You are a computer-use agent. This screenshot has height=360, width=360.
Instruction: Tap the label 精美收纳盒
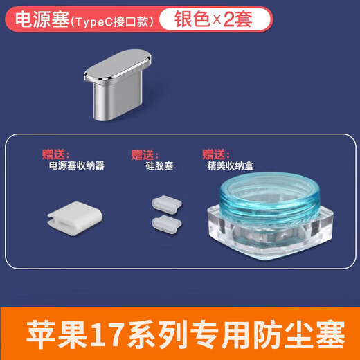(232, 166)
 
